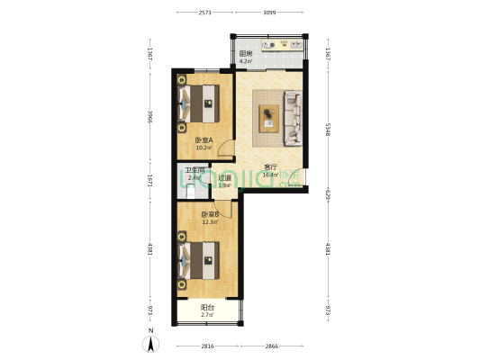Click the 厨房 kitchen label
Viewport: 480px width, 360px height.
click(245, 54)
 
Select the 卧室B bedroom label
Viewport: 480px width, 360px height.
click(210, 214)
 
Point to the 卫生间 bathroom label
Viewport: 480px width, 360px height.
click(194, 170)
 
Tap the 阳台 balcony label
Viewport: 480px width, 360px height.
click(206, 308)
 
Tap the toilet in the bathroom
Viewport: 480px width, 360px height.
click(189, 189)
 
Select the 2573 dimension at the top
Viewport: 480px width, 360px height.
click(206, 13)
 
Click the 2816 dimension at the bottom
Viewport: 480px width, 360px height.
click(207, 346)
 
